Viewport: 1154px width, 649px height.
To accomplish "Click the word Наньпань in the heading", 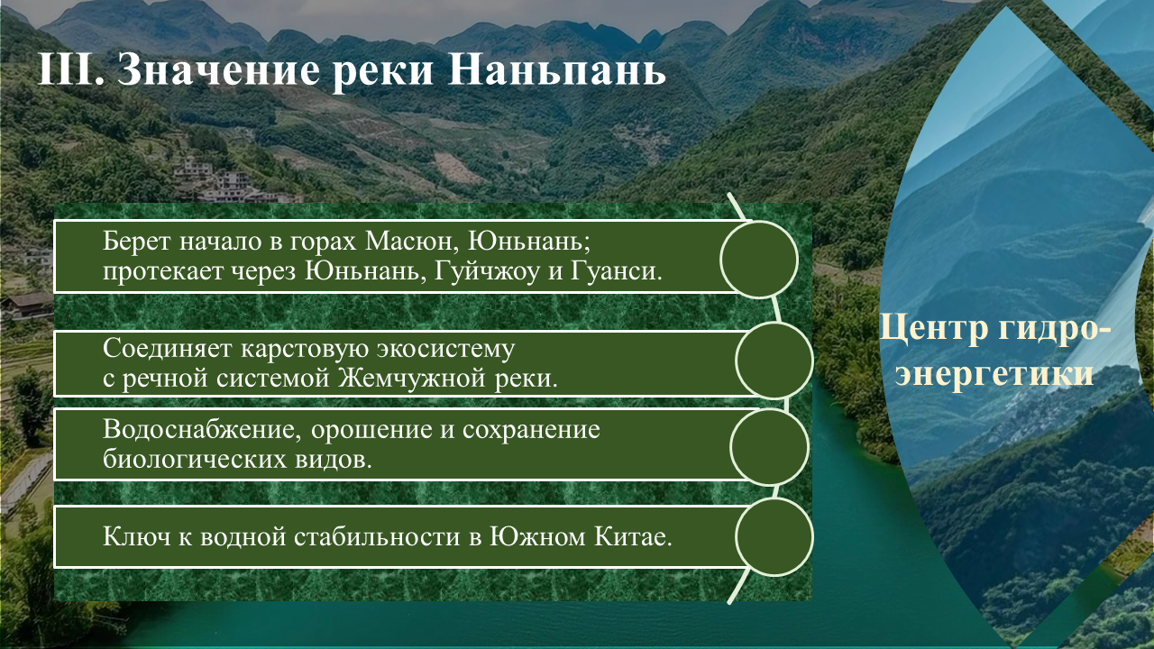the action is point(557,70).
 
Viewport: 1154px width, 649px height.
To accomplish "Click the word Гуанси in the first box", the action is point(616,271).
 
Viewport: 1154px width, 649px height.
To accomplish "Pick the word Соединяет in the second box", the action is point(167,349).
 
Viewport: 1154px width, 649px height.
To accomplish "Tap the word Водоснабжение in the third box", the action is point(201,429).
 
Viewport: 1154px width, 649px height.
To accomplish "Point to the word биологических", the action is point(194,459).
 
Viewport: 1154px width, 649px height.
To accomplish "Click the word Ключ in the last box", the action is point(136,536).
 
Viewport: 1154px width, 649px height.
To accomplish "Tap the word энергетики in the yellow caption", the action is point(994,372).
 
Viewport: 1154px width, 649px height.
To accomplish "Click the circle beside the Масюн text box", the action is point(759,260).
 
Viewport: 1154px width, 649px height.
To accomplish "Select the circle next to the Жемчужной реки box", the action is point(774,361).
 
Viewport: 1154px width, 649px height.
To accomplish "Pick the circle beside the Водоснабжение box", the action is point(769,446).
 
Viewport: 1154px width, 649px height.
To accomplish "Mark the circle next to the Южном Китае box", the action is point(774,536).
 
